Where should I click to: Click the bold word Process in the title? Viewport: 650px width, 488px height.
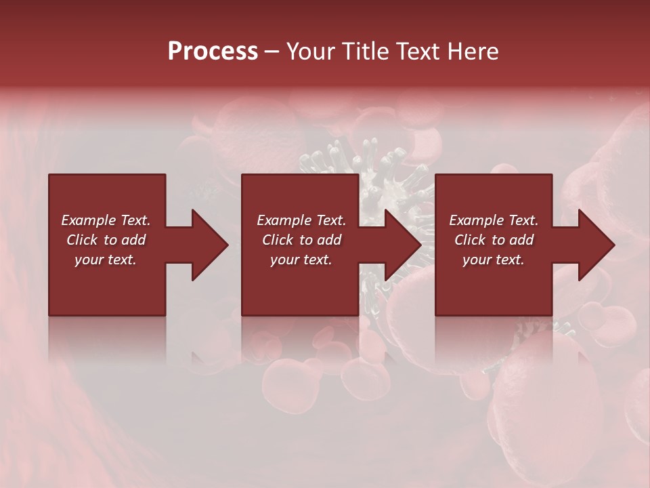[x=213, y=52]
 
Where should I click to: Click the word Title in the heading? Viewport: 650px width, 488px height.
[x=366, y=52]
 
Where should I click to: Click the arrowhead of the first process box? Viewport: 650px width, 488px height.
[x=209, y=245]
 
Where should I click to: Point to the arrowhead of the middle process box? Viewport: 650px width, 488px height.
[x=403, y=245]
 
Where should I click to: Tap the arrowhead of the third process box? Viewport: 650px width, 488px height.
[x=597, y=245]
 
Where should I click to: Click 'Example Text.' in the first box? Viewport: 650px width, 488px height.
[x=106, y=220]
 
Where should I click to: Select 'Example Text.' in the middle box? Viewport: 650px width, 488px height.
[x=301, y=220]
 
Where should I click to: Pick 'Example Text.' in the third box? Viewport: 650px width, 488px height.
[x=494, y=220]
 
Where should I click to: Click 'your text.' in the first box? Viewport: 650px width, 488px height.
[x=106, y=260]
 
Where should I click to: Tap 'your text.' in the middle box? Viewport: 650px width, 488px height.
[x=301, y=260]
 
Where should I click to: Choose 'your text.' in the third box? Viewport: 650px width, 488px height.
[x=494, y=260]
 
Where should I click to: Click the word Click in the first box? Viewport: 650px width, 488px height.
[x=83, y=240]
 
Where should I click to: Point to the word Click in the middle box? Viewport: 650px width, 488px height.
[x=278, y=240]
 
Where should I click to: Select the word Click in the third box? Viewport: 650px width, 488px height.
[x=471, y=240]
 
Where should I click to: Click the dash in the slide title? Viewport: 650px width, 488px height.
[x=272, y=52]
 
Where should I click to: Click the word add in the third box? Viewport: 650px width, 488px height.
[x=522, y=240]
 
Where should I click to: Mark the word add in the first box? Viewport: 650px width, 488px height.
[x=133, y=240]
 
